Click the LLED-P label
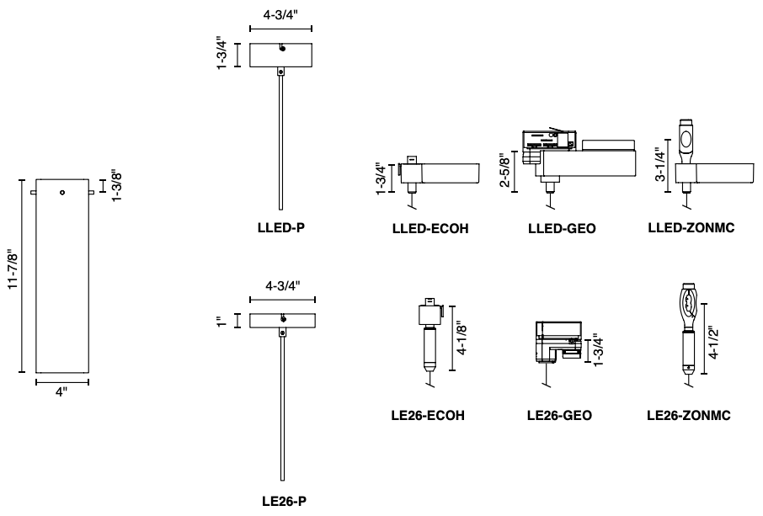[x=280, y=226]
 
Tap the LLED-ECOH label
[x=430, y=227]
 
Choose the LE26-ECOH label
[x=429, y=415]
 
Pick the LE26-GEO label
[x=558, y=415]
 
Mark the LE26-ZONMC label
[x=688, y=415]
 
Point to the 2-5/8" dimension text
[x=504, y=171]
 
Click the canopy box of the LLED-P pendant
[x=281, y=55]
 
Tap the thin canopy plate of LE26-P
[x=281, y=321]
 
